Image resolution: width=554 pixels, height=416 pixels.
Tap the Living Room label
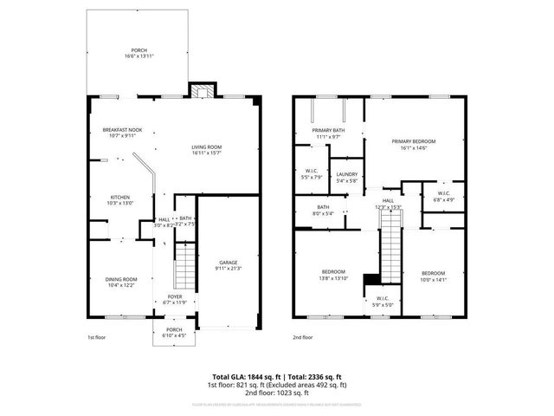207,147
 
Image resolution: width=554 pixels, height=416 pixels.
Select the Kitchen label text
119,197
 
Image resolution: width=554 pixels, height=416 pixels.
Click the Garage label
228,263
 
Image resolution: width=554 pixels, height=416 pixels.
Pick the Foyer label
175,296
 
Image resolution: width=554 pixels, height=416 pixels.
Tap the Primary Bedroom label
413,141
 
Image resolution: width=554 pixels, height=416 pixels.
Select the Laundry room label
347,174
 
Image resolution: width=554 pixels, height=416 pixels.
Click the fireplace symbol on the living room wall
201,91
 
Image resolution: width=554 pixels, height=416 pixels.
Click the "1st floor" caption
96,336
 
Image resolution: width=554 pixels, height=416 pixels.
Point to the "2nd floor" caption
303,336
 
